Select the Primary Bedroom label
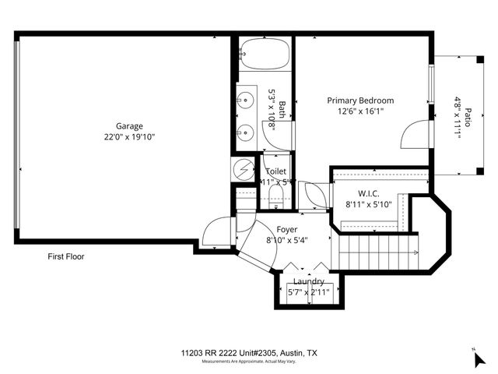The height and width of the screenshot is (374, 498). pyautogui.click(x=359, y=101)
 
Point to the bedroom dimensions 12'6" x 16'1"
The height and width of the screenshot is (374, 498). pyautogui.click(x=359, y=111)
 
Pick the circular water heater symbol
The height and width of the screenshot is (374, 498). pyautogui.click(x=244, y=168)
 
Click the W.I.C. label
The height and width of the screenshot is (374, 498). pyautogui.click(x=368, y=193)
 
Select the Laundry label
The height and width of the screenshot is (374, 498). pyautogui.click(x=309, y=281)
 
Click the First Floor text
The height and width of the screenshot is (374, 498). pyautogui.click(x=65, y=256)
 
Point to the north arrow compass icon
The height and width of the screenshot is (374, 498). pyautogui.click(x=479, y=358)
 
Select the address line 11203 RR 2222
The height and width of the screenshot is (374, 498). pyautogui.click(x=248, y=353)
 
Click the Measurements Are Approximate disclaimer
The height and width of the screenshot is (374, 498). pyautogui.click(x=248, y=362)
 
